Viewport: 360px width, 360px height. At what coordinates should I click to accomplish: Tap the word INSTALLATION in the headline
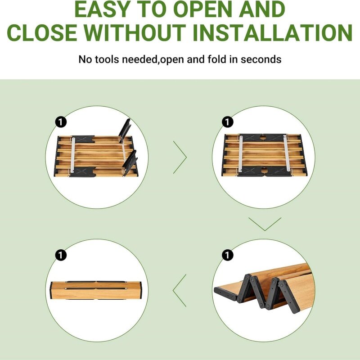(x=273, y=33)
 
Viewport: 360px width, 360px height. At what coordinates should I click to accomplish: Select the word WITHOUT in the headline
(x=135, y=33)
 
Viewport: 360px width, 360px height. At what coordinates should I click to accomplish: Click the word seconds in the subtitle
(x=261, y=59)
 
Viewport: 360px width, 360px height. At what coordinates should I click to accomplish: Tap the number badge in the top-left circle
(x=61, y=122)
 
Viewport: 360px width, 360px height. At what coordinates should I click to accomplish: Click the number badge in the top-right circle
(x=227, y=122)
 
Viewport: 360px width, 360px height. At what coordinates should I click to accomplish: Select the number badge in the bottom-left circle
(x=61, y=255)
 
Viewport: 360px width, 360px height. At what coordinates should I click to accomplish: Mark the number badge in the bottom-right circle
(x=227, y=255)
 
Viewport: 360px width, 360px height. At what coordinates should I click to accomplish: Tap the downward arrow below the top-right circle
(x=265, y=224)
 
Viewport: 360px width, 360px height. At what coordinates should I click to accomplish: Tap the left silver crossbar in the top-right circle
(x=241, y=153)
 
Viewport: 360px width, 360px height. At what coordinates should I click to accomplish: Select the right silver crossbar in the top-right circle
(x=286, y=153)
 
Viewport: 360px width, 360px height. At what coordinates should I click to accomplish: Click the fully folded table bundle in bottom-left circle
(x=96, y=290)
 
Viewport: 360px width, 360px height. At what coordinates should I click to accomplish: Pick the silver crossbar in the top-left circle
(x=73, y=155)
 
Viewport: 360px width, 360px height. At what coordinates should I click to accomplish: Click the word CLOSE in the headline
(x=42, y=33)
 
